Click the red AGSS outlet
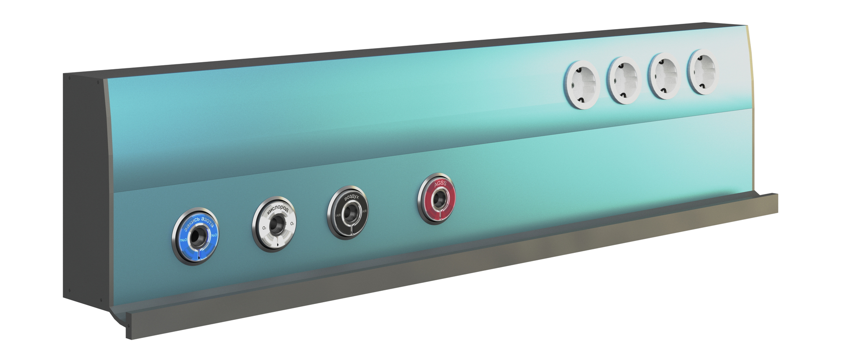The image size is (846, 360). pos(437,199)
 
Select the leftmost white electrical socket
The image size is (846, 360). pos(582,85)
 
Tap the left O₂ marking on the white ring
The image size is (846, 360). pos(263,228)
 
